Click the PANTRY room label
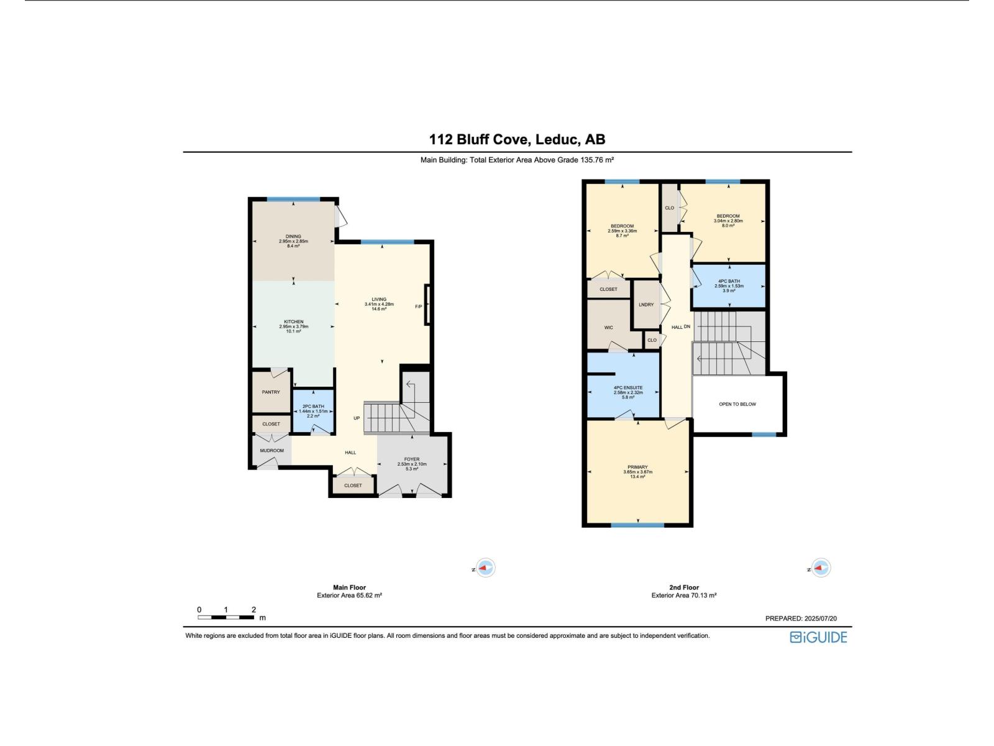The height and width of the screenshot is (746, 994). coord(271,392)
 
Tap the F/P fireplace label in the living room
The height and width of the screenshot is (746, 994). coord(418,306)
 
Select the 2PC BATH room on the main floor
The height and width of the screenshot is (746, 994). coord(313,411)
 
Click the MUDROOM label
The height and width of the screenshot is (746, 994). coord(271,451)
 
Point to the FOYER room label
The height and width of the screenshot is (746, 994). coord(412,459)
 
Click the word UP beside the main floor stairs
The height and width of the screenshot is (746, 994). coord(357,418)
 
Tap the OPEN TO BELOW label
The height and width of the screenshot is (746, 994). coord(737,404)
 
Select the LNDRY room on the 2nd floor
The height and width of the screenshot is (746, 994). coord(645,305)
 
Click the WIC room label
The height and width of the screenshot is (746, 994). coord(609,328)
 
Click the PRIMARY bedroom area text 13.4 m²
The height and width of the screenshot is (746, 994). coord(637,477)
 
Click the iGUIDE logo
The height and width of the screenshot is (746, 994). coord(818,637)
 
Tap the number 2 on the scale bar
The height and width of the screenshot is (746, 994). coord(253,610)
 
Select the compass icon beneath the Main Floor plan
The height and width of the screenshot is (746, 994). coord(485,568)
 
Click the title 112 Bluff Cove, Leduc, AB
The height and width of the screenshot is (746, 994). coord(517,139)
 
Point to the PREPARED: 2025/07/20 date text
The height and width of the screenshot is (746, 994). coord(800,619)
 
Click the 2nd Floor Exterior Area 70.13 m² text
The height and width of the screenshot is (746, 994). coord(683,596)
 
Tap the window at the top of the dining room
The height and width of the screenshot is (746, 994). coord(293,199)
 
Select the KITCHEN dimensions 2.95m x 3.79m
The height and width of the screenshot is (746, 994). coord(294,326)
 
